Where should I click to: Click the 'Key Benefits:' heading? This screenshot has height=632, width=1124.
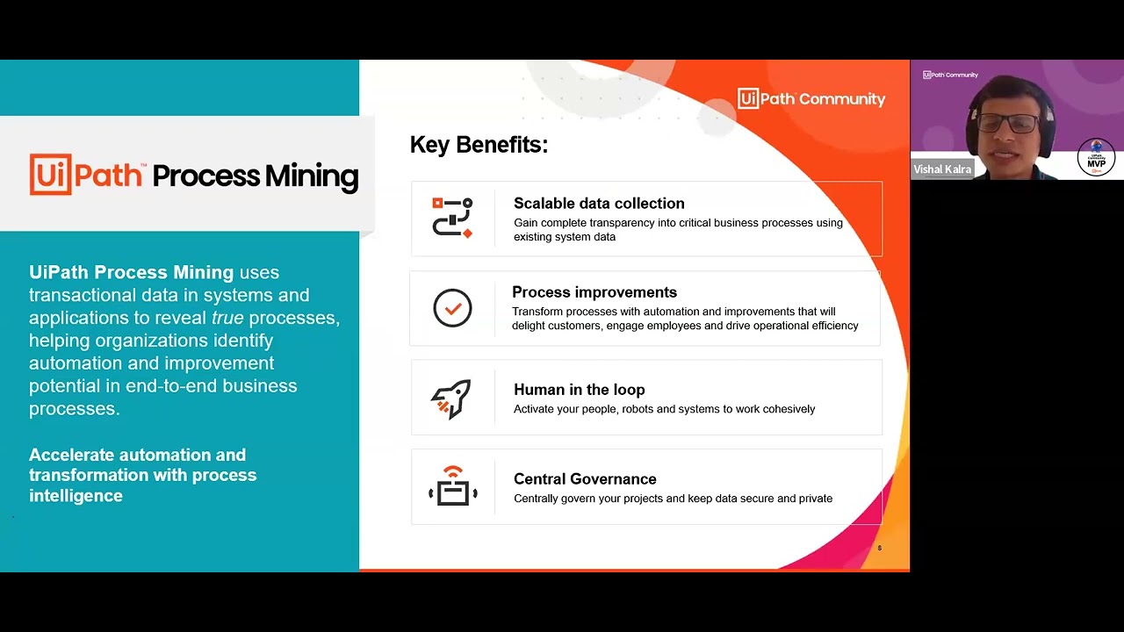(479, 145)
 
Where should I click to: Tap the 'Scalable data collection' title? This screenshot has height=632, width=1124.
(599, 204)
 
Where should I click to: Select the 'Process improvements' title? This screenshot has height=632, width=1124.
(594, 292)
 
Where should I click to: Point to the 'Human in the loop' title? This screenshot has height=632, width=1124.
(579, 390)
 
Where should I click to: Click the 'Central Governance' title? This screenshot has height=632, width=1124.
(585, 479)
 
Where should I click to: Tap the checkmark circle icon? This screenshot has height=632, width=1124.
(452, 308)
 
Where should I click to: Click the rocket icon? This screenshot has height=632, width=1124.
(451, 399)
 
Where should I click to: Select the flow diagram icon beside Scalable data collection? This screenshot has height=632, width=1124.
(452, 218)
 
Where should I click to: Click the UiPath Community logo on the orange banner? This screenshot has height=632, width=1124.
(811, 99)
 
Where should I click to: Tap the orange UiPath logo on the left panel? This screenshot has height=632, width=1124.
(86, 175)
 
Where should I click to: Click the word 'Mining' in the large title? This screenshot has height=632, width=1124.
(312, 176)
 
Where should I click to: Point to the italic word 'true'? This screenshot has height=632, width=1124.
(227, 318)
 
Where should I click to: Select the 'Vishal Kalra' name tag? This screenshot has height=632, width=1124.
(942, 169)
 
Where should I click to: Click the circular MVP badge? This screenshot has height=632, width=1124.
(1096, 158)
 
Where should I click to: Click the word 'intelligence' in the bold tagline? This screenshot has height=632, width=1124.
(76, 496)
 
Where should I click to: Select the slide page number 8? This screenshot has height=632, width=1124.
(879, 549)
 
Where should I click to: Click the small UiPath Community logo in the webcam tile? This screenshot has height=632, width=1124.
(950, 75)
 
